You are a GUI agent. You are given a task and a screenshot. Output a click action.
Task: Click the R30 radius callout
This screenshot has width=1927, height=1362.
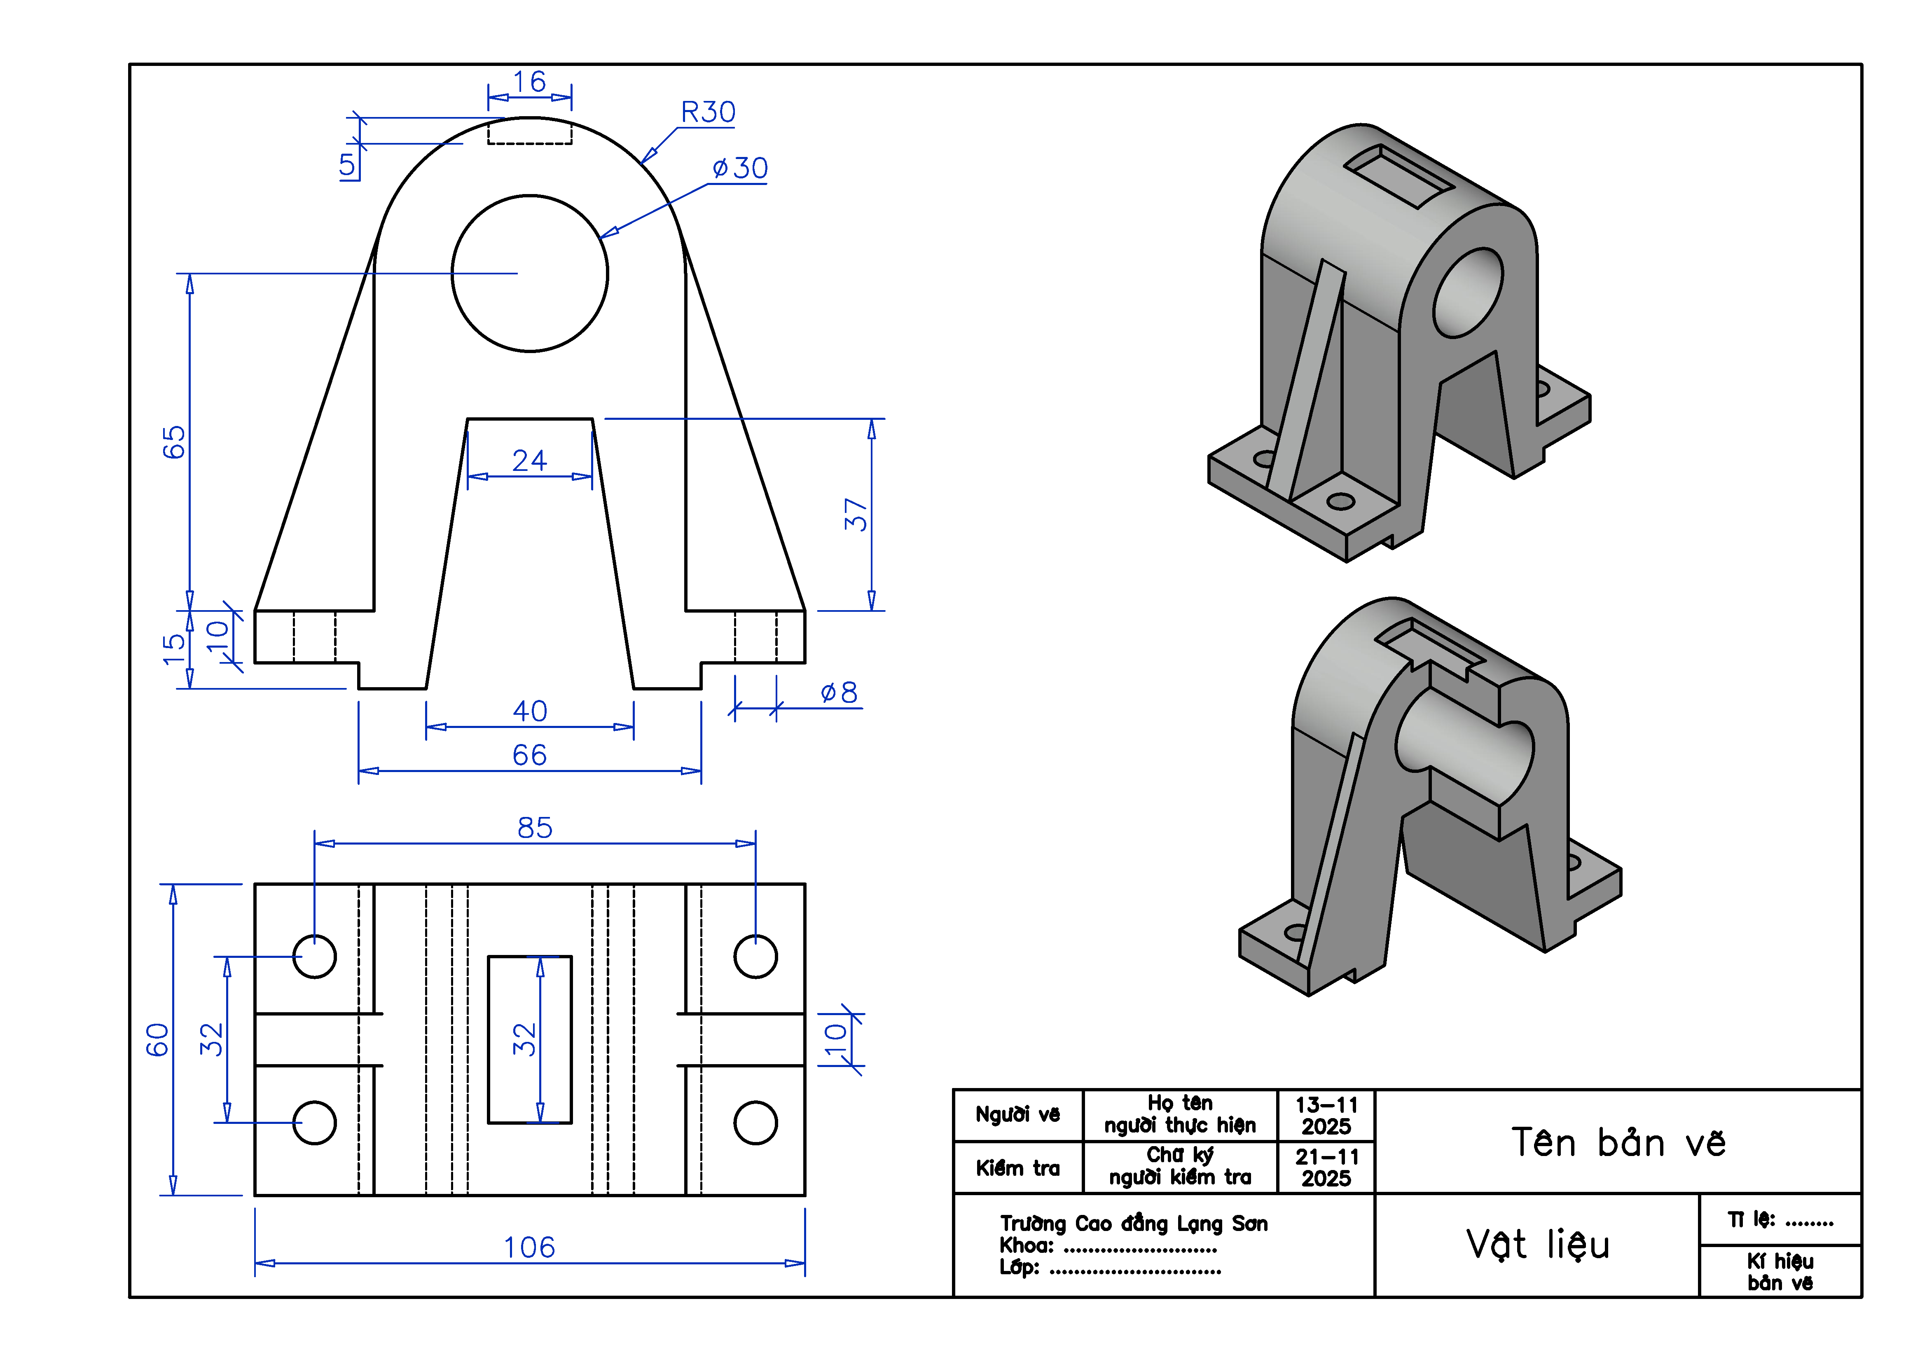[708, 112]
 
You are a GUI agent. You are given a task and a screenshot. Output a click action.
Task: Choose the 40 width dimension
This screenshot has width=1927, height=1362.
[530, 711]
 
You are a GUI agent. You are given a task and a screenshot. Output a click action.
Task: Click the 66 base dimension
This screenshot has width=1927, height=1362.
[530, 754]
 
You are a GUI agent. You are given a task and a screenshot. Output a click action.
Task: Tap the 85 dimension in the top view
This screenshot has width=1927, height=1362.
[535, 827]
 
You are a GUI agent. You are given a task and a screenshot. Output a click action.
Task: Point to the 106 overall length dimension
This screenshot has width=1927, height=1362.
[530, 1247]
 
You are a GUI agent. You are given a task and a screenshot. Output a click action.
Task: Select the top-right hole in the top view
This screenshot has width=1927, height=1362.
[755, 956]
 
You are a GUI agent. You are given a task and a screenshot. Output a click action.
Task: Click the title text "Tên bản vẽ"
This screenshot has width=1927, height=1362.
[1618, 1142]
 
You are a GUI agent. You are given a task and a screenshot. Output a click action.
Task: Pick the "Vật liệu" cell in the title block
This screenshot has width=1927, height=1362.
[1538, 1244]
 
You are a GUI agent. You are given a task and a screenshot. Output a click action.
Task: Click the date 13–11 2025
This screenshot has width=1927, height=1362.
[1326, 1115]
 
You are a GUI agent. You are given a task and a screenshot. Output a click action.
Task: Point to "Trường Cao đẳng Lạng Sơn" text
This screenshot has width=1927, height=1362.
[1133, 1224]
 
